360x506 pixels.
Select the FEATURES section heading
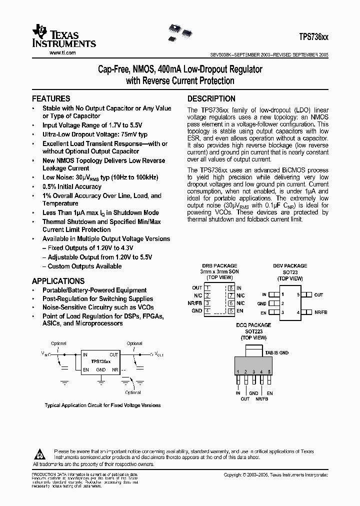coord(51,98)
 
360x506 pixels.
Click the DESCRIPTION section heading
coord(211,98)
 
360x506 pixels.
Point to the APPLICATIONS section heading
coord(58,281)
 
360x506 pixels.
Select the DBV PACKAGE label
coord(290,266)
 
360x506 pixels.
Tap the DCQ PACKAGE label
coord(253,325)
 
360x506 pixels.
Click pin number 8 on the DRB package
coord(230,288)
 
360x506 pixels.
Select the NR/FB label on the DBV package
coord(320,312)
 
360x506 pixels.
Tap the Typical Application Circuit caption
coord(102,405)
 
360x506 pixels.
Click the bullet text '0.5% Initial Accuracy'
coord(72,186)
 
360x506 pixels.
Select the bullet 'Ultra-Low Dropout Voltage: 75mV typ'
coord(95,134)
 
